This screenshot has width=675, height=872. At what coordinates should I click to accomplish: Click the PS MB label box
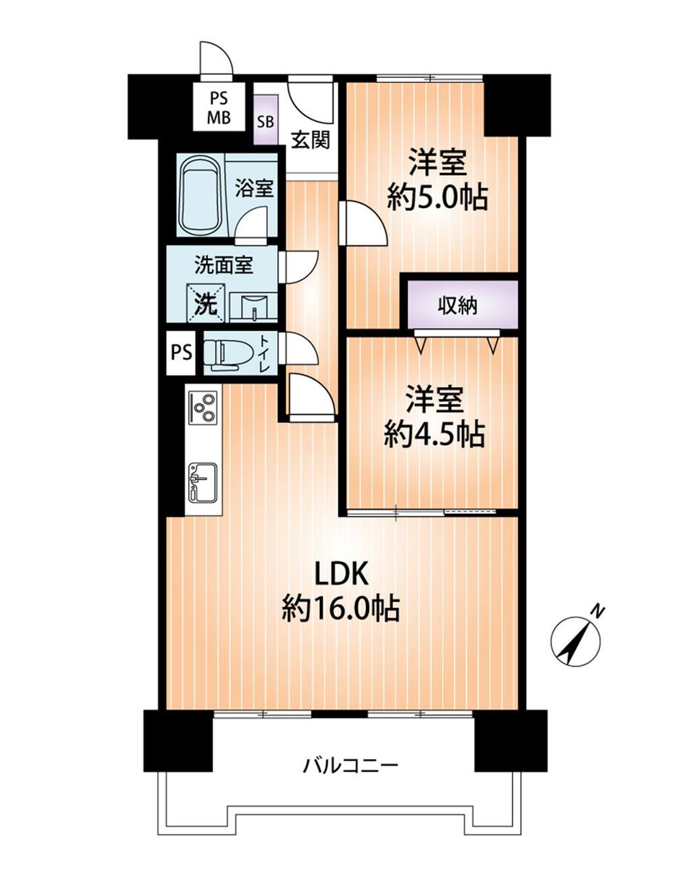(219, 107)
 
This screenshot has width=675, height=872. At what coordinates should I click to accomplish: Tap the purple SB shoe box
(266, 120)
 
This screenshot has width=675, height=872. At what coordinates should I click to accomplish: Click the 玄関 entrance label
(310, 140)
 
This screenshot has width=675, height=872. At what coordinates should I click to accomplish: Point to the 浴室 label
(254, 188)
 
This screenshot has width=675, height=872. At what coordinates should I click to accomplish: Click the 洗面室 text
(223, 265)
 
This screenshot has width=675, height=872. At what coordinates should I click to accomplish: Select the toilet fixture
(228, 353)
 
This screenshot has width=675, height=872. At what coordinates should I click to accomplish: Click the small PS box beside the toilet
(181, 353)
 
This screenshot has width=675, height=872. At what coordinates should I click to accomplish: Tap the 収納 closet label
(457, 307)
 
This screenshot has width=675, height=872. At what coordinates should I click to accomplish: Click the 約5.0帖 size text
(437, 197)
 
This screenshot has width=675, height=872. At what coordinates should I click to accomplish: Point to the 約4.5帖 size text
(435, 434)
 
